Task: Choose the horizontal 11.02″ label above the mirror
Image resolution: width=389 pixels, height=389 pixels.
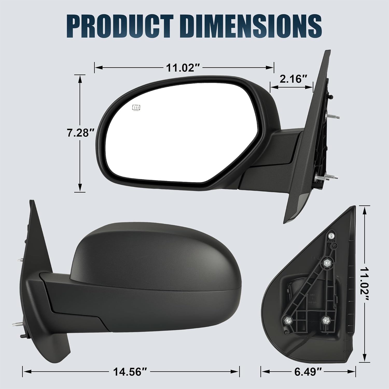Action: pyautogui.click(x=184, y=68)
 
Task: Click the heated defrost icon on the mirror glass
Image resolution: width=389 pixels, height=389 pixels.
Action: pyautogui.click(x=136, y=107)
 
